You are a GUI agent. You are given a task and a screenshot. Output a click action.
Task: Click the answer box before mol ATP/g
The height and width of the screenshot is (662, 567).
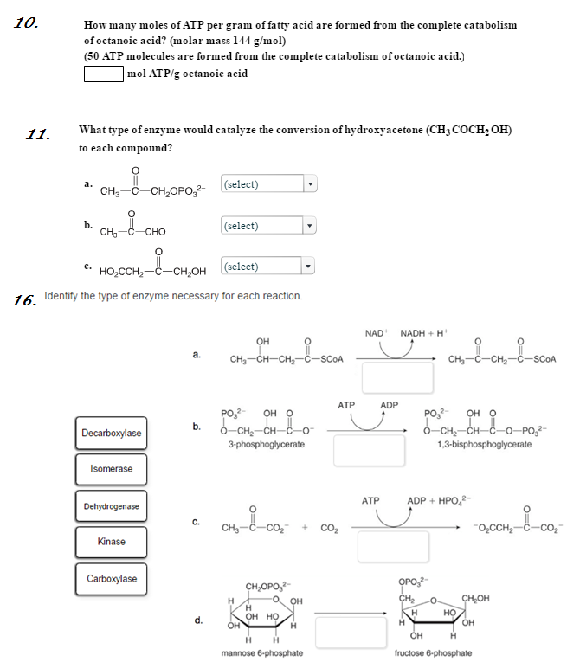(x=104, y=74)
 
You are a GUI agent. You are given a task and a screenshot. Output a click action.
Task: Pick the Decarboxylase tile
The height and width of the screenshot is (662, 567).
(x=112, y=433)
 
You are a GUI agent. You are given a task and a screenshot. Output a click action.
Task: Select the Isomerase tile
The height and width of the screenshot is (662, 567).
(x=112, y=469)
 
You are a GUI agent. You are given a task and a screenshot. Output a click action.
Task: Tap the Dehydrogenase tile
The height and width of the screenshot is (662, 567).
(x=112, y=506)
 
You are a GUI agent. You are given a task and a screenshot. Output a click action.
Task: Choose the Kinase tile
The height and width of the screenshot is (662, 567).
(x=112, y=542)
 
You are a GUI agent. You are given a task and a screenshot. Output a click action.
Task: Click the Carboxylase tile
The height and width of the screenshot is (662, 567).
(x=112, y=579)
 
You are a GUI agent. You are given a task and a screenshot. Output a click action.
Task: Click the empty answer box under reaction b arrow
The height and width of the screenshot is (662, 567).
(x=369, y=450)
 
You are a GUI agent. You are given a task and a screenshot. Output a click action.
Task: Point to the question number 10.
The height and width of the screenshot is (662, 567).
(x=25, y=23)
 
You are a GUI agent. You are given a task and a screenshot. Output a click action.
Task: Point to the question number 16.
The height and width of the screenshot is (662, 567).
(x=23, y=301)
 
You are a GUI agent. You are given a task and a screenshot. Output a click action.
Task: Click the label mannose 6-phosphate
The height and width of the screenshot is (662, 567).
(x=262, y=652)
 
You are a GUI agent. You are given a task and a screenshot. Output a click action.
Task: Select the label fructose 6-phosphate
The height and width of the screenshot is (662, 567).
(x=433, y=652)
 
